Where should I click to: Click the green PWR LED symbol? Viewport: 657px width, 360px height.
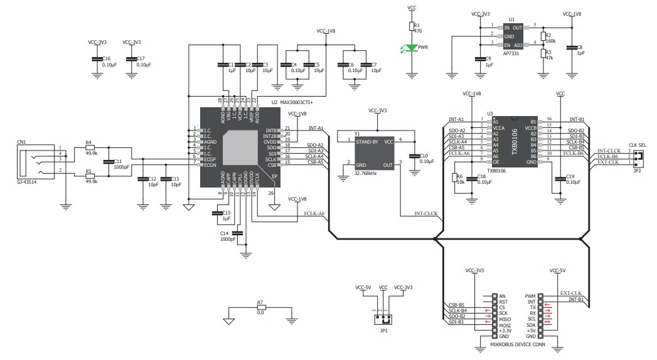coord(412,48)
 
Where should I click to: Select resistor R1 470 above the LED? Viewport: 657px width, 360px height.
coord(412,26)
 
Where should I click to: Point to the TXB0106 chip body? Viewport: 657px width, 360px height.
coord(513,141)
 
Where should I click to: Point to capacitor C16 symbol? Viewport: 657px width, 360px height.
coord(97,59)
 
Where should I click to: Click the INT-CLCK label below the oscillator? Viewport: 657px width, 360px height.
coord(426,214)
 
